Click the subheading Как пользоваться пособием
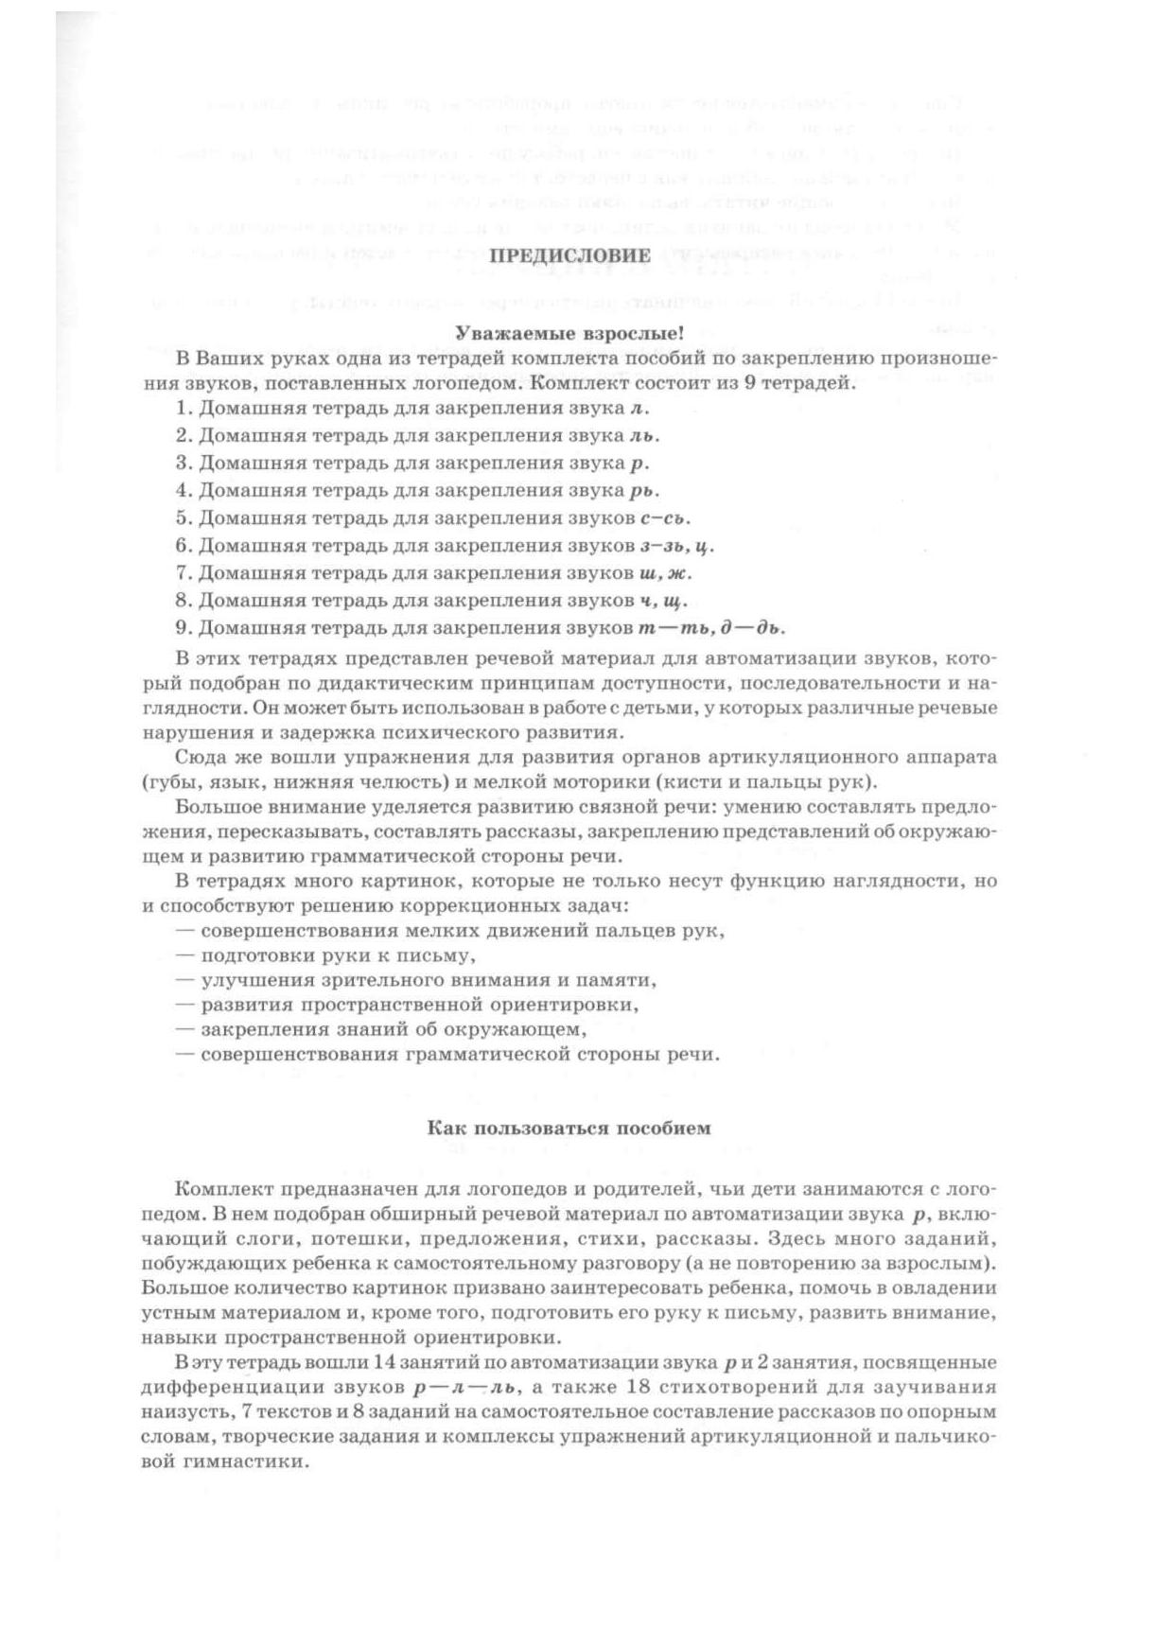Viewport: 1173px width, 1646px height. click(569, 1128)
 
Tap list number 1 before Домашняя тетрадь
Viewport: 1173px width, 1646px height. click(183, 408)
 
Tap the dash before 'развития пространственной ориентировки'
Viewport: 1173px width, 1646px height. click(185, 1005)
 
